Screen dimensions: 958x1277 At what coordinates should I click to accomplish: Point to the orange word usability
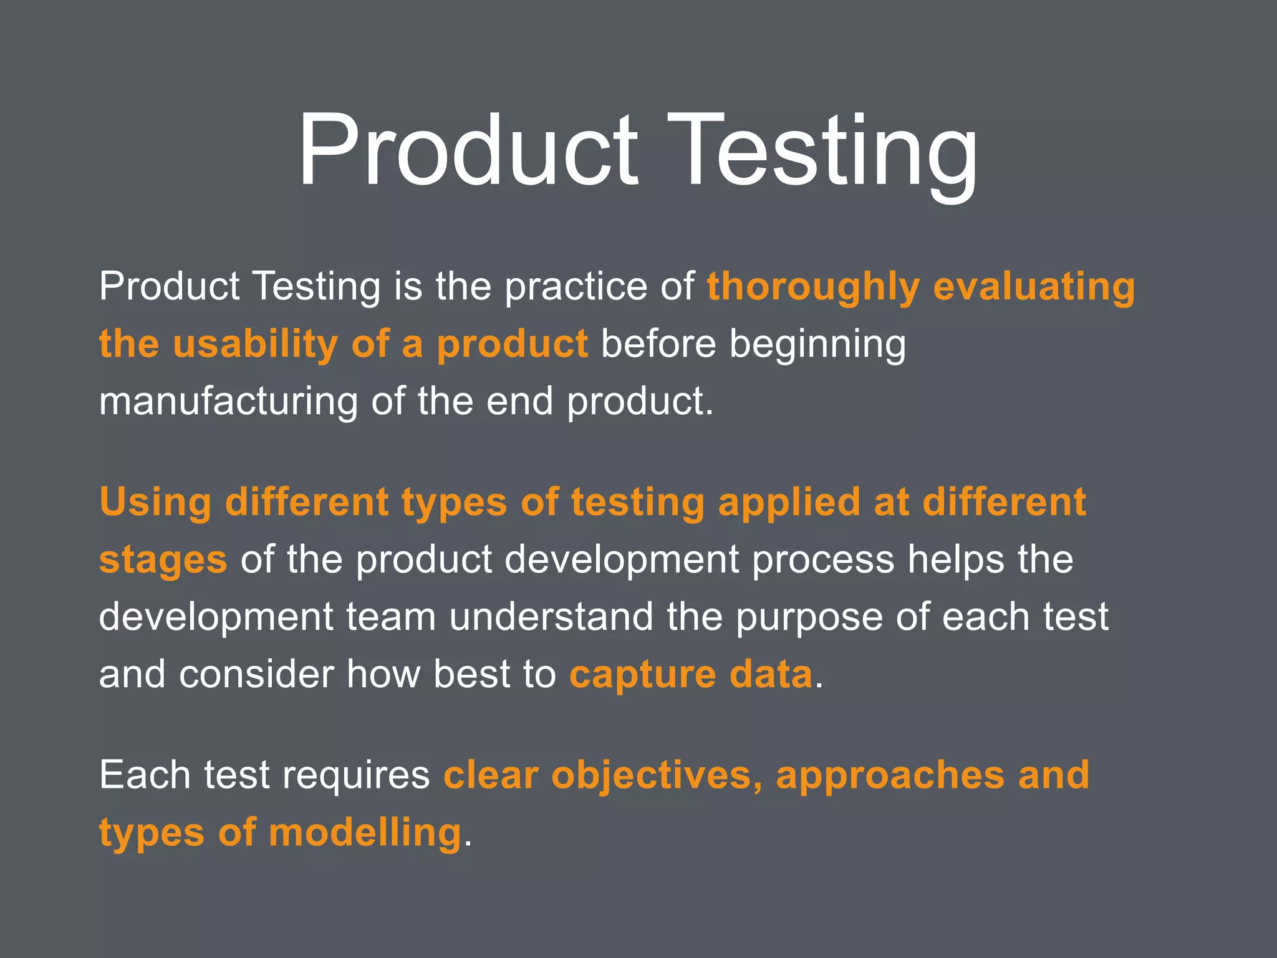click(x=255, y=344)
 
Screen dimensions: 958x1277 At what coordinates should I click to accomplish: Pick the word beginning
click(x=817, y=344)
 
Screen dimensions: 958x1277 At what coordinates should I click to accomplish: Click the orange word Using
click(x=155, y=503)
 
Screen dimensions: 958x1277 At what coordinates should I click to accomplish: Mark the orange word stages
click(x=163, y=560)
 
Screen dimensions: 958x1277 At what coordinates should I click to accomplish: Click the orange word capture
click(x=642, y=675)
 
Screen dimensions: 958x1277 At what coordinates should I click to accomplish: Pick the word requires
click(x=356, y=775)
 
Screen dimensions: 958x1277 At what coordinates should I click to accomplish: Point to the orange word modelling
click(x=365, y=833)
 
